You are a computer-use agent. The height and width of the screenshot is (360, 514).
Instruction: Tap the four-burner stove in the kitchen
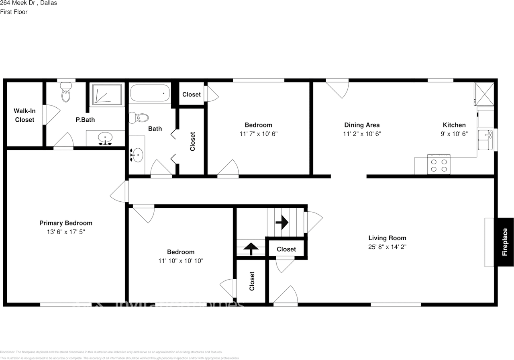click(438, 166)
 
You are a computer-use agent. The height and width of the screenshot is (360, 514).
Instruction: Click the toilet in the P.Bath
click(66, 94)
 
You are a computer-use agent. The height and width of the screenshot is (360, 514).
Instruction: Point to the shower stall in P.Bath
click(106, 94)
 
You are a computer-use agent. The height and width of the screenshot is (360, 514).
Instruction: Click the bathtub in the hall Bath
click(149, 93)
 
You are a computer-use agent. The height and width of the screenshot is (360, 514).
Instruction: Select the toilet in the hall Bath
click(139, 117)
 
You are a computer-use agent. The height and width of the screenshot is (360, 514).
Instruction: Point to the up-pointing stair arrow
click(251, 249)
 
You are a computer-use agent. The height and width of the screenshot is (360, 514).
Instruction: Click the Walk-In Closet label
click(24, 115)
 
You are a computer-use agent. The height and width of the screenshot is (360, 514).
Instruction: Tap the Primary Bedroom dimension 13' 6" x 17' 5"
click(65, 232)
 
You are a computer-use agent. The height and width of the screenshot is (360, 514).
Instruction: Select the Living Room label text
click(387, 238)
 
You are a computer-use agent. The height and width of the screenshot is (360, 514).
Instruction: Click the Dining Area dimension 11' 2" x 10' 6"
click(362, 134)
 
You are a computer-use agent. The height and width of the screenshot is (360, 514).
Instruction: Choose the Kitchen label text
click(454, 125)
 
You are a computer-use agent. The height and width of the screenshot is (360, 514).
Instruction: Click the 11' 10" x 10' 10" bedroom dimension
click(181, 261)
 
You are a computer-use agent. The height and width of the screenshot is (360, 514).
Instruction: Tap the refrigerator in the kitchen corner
click(484, 93)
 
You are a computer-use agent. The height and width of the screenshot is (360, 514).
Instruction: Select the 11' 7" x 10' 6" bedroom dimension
click(258, 134)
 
